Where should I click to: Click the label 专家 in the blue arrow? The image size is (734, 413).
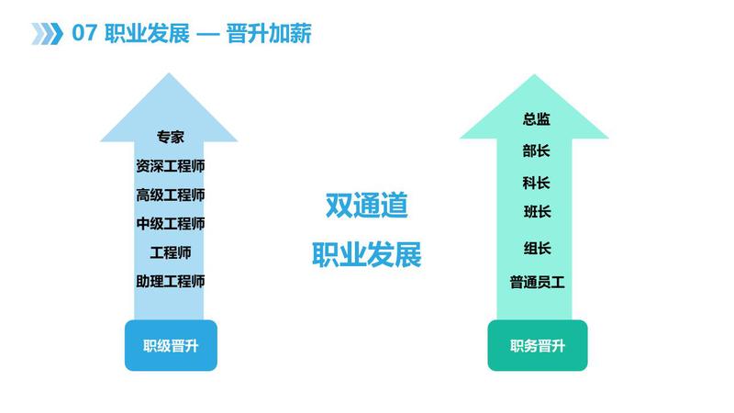tap(171, 137)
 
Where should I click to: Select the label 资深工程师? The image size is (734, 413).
tap(171, 166)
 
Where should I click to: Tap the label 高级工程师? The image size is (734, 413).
tap(171, 195)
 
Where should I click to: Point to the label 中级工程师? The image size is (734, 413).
tap(171, 224)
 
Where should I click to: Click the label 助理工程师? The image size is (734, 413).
tap(171, 282)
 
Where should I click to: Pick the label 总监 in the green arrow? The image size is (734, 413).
tap(537, 119)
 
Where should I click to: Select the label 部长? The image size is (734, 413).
tap(537, 151)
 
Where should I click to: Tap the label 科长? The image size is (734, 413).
tap(537, 183)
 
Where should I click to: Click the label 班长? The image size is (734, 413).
tap(538, 212)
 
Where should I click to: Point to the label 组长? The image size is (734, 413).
tap(538, 248)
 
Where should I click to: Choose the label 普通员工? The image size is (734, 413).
tap(538, 283)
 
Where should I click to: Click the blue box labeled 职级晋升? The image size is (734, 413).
tap(171, 346)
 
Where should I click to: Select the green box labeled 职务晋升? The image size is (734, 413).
tap(538, 346)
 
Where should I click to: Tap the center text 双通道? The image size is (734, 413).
tap(366, 206)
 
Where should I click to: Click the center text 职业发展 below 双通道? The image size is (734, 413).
tap(366, 254)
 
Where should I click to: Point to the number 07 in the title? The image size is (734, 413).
tap(84, 34)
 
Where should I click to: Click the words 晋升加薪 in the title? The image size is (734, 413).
tap(269, 34)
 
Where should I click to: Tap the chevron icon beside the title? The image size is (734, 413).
tap(47, 34)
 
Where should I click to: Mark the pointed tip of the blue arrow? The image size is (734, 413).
tap(169, 73)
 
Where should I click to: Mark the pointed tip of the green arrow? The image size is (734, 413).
tap(534, 74)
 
